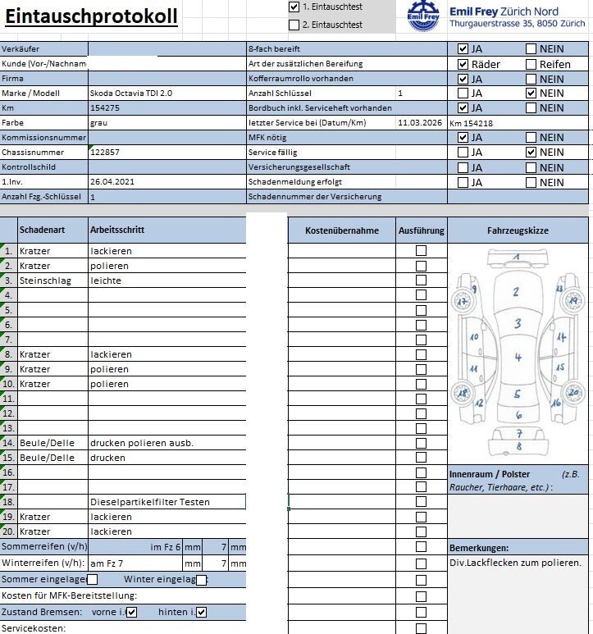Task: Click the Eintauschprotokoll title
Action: pyautogui.click(x=91, y=16)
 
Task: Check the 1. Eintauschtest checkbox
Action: pyautogui.click(x=294, y=7)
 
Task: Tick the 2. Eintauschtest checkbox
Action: pyautogui.click(x=294, y=25)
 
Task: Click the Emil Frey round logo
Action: pyautogui.click(x=423, y=16)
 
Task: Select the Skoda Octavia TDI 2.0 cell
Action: pyautogui.click(x=131, y=94)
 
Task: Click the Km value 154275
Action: pyautogui.click(x=105, y=108)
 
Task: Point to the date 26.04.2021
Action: pyautogui.click(x=111, y=182)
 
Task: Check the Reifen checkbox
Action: pyautogui.click(x=531, y=64)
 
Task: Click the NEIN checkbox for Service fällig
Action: pyautogui.click(x=531, y=153)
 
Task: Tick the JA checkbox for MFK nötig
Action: pyautogui.click(x=463, y=138)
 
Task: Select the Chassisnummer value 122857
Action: pyautogui.click(x=105, y=153)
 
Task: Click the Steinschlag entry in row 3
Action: pyautogui.click(x=45, y=281)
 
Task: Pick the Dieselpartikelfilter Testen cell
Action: pyautogui.click(x=149, y=502)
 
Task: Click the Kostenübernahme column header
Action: pyautogui.click(x=341, y=231)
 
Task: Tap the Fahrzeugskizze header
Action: pyautogui.click(x=518, y=231)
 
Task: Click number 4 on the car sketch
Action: pyautogui.click(x=518, y=358)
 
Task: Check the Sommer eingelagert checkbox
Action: pyautogui.click(x=93, y=580)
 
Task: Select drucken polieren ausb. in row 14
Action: pyautogui.click(x=141, y=443)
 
